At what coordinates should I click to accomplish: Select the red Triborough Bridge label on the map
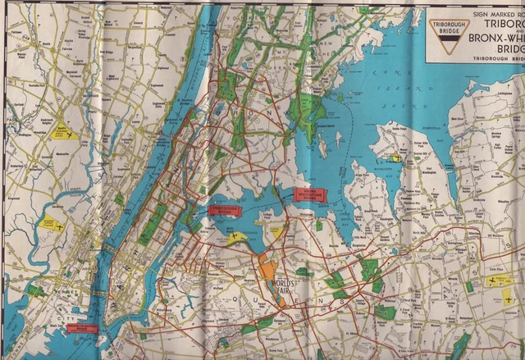(x=224, y=210)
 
